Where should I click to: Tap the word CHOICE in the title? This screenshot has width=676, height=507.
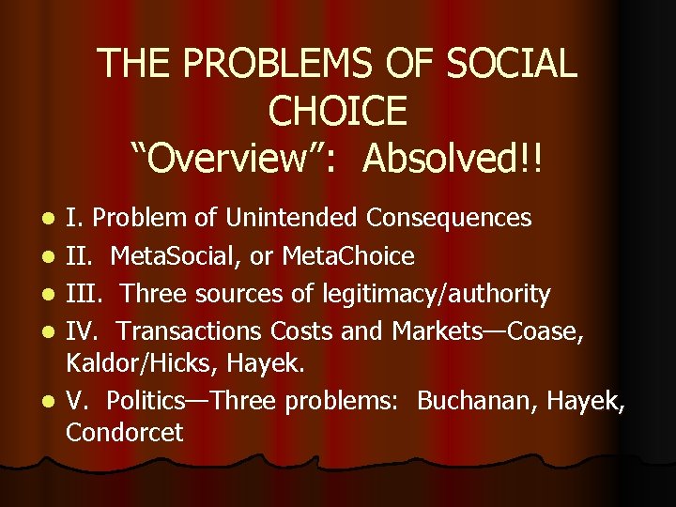point(338,112)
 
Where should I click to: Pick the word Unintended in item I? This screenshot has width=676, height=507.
point(288,219)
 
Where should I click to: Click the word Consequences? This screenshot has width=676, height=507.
point(449,219)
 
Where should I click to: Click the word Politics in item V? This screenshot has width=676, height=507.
point(146,402)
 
